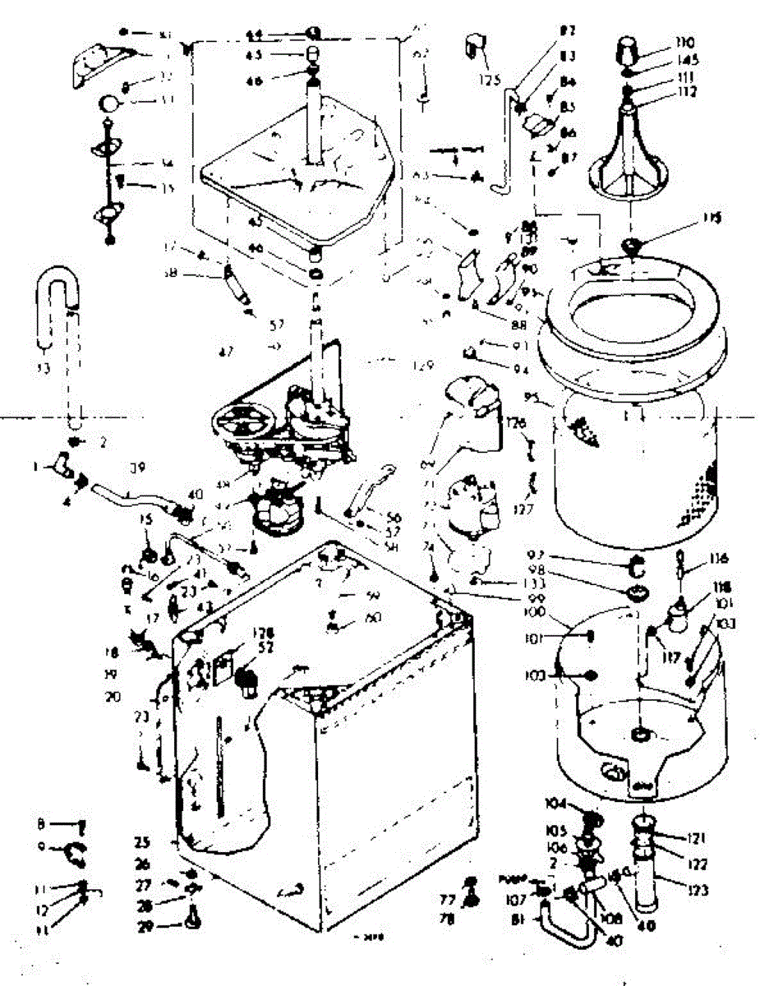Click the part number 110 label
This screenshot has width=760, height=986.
685,42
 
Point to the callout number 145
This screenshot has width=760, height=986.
687,60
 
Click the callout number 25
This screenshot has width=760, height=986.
143,842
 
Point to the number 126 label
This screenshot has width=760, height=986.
514,422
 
